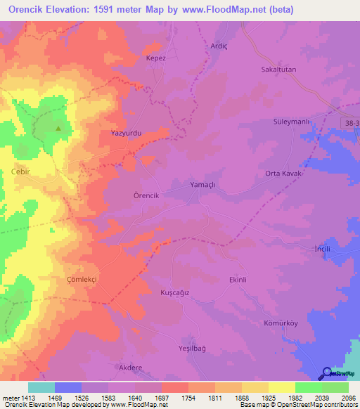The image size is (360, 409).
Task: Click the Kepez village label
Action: coord(155,58)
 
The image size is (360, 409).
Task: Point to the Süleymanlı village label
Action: coord(292,122)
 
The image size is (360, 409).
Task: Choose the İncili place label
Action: coord(321,249)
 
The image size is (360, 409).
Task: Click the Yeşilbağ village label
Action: coord(191,348)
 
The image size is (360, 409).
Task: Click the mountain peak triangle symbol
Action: coord(58,128)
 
